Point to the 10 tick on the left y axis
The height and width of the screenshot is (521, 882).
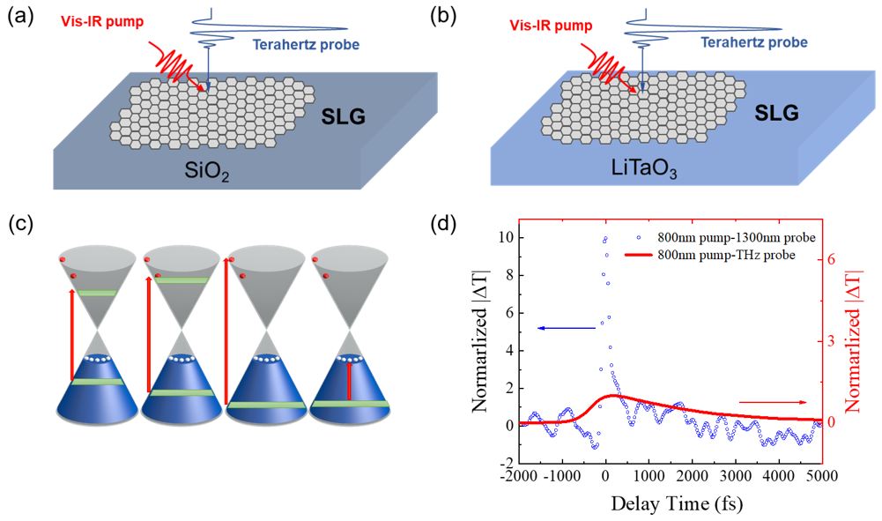tap(500, 237)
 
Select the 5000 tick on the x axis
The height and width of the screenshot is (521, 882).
tap(820, 477)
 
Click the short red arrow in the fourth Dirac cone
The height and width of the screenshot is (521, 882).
tap(350, 381)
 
